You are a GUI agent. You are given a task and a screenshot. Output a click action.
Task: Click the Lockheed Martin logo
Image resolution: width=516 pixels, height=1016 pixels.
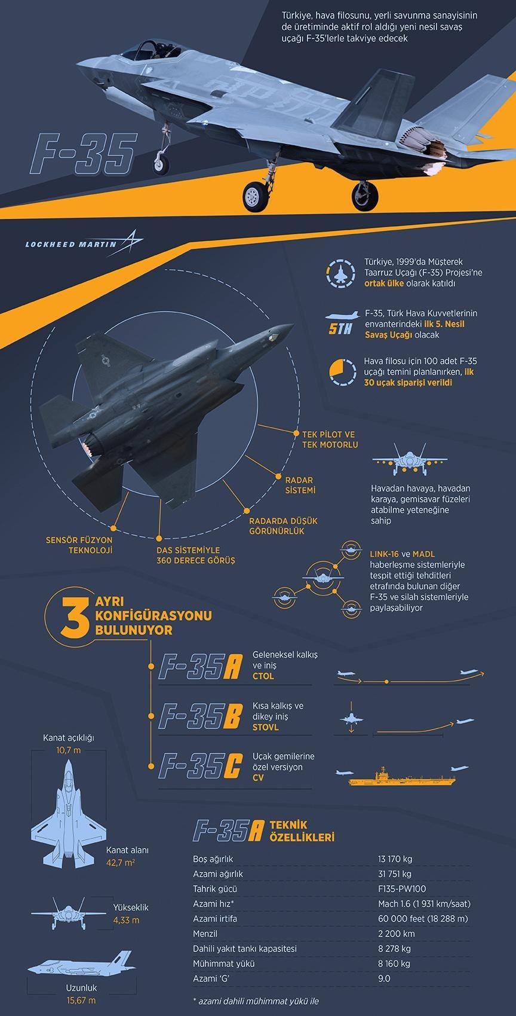(84, 243)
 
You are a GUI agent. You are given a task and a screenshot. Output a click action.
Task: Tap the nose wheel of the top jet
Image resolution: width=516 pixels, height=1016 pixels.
(161, 164)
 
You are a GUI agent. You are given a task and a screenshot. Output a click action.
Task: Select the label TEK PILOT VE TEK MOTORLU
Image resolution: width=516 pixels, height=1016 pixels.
(330, 440)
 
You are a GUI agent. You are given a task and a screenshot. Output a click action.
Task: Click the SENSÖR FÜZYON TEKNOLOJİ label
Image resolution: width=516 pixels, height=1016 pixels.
(79, 545)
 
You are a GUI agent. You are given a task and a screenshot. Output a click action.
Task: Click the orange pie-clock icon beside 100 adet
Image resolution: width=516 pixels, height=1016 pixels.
(342, 373)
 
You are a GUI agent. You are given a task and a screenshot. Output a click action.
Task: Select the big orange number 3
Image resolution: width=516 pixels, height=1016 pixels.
(75, 617)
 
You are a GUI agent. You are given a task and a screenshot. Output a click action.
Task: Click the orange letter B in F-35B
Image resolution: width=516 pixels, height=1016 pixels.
(232, 716)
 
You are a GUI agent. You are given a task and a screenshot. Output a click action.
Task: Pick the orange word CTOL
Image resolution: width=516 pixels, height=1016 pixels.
(263, 676)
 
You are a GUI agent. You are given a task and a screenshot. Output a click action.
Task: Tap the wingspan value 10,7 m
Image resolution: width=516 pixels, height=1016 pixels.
(69, 750)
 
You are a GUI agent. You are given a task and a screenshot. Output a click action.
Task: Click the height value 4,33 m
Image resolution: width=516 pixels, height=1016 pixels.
(127, 920)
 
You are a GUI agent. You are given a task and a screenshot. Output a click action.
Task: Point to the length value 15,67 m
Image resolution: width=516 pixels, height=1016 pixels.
(82, 1000)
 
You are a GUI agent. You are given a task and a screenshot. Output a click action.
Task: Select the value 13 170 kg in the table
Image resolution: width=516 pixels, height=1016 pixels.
(395, 859)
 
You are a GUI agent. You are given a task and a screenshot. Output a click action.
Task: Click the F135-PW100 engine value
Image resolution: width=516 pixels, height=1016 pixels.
(402, 889)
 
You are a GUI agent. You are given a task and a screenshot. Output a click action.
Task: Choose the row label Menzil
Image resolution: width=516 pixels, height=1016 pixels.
(205, 933)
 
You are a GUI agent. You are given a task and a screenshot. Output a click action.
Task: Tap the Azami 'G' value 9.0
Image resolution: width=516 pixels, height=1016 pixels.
(384, 978)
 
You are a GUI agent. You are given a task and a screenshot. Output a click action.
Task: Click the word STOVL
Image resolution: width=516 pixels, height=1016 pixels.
(266, 727)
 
